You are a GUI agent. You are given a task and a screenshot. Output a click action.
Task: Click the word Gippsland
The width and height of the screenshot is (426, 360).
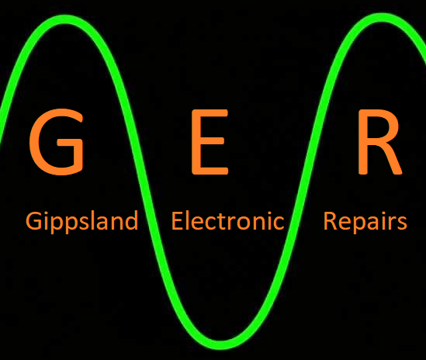(81, 222)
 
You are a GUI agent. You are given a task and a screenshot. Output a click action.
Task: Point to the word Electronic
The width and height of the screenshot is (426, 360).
(227, 220)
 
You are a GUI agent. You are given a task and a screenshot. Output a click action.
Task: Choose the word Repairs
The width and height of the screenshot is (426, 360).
(365, 222)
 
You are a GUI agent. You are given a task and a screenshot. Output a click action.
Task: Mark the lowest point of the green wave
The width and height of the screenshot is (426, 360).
(221, 344)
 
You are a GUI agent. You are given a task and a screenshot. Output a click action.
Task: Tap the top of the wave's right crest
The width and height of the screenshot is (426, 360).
(383, 17)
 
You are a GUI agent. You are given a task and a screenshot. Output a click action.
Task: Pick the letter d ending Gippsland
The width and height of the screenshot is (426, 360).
(132, 220)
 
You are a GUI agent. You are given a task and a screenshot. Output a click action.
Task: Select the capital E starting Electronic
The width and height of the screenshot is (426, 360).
(177, 221)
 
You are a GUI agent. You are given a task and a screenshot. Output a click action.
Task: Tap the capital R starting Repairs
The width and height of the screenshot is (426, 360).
(330, 221)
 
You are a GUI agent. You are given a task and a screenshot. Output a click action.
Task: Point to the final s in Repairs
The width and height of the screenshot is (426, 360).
(402, 223)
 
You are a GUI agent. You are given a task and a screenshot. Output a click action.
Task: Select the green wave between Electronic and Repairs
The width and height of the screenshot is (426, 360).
(294, 220)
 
